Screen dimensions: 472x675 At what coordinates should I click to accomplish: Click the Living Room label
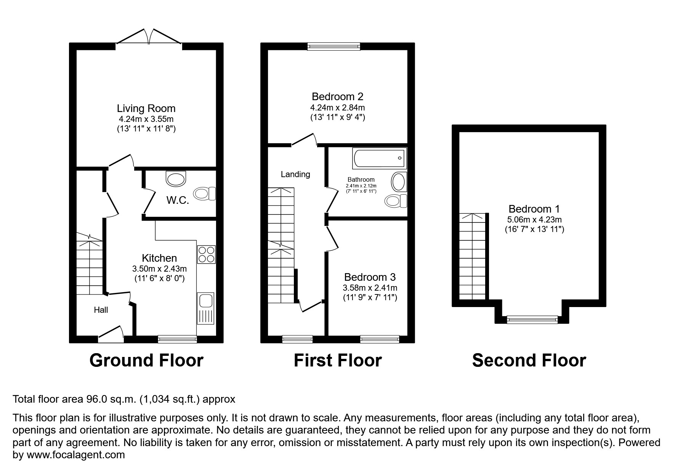click(x=146, y=109)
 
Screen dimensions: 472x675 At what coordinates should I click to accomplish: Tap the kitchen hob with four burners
click(x=206, y=254)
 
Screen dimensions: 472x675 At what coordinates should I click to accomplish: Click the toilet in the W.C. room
click(x=205, y=194)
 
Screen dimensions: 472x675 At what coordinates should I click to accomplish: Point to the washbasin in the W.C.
click(x=176, y=178)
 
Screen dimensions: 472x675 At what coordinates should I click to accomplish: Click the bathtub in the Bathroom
click(x=380, y=158)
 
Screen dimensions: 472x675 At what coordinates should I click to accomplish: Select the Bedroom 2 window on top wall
click(x=334, y=46)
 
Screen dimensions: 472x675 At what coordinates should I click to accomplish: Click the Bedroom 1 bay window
click(x=532, y=320)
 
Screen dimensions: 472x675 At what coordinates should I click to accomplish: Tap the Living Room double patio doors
click(x=148, y=37)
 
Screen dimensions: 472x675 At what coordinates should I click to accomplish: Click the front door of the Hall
click(x=111, y=332)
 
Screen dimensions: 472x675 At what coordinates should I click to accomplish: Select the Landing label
click(x=295, y=174)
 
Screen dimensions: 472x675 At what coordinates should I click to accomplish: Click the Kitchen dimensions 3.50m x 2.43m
click(x=159, y=269)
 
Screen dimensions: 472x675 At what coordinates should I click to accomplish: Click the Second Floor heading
click(x=529, y=360)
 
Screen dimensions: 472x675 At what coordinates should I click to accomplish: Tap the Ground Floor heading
click(x=146, y=360)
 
